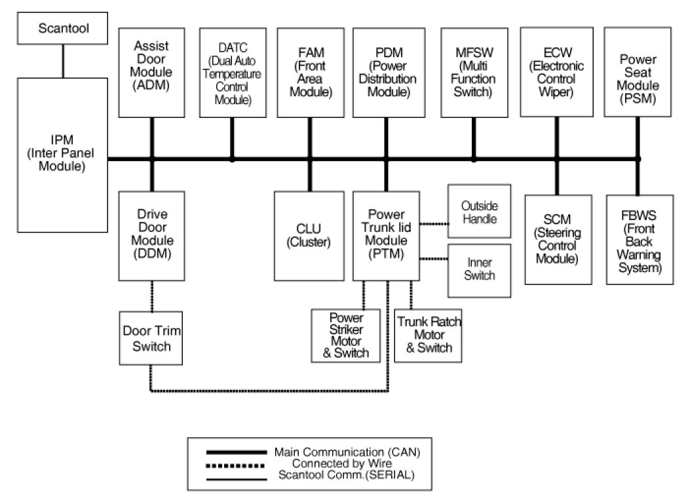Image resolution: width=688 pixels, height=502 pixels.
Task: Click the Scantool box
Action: (x=63, y=29)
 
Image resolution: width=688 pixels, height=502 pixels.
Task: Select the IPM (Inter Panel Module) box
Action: (x=63, y=155)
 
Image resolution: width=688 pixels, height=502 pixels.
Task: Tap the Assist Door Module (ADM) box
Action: (x=151, y=72)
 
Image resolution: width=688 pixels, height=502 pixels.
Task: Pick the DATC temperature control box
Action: (x=233, y=72)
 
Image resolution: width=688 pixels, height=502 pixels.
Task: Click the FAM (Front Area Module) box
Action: (x=310, y=72)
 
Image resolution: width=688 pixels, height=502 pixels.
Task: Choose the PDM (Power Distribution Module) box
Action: (x=386, y=72)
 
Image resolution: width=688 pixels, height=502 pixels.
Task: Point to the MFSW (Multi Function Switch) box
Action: (x=474, y=72)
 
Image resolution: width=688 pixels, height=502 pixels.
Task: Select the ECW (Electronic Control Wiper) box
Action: (x=558, y=72)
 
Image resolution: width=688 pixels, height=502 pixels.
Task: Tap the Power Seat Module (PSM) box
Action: (x=638, y=72)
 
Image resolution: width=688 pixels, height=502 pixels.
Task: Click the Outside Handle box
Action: (x=479, y=212)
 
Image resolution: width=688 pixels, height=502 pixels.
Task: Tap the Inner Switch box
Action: (x=479, y=269)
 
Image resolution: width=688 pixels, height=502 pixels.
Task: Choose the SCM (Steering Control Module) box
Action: (x=558, y=239)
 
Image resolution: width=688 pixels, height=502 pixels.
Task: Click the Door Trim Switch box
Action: (x=151, y=338)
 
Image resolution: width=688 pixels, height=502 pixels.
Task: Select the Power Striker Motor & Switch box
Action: (x=346, y=335)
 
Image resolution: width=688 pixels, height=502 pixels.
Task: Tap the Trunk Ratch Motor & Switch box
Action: (x=429, y=335)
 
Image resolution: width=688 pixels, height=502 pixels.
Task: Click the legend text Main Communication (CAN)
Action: (x=347, y=452)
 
